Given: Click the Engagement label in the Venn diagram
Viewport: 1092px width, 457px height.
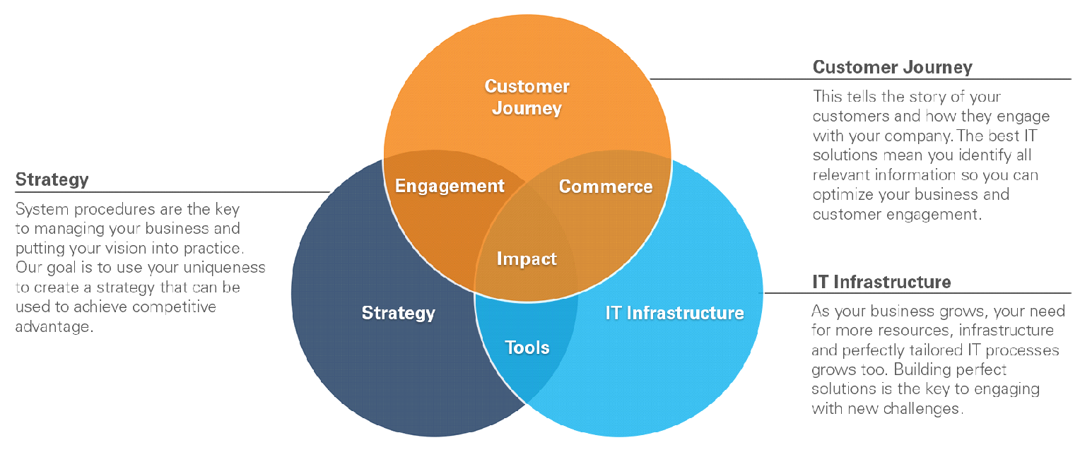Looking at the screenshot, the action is pyautogui.click(x=450, y=186).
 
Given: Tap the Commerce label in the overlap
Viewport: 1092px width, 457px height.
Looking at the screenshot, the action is pyautogui.click(x=606, y=186).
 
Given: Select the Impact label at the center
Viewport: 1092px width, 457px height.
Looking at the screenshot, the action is pyautogui.click(x=527, y=259).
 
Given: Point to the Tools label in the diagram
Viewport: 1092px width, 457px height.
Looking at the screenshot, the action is pyautogui.click(x=527, y=348).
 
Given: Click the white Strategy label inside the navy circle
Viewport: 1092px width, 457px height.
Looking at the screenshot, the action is pyautogui.click(x=399, y=313).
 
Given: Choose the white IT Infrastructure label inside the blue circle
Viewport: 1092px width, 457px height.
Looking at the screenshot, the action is pyautogui.click(x=675, y=313).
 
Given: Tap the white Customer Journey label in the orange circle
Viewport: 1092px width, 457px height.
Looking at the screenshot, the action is pyautogui.click(x=527, y=97).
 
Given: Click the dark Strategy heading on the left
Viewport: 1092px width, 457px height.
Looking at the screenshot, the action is pyautogui.click(x=52, y=179).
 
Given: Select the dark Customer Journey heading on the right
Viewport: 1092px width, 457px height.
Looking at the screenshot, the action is pyautogui.click(x=892, y=67).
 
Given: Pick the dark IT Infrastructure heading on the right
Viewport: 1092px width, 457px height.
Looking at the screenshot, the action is pyautogui.click(x=881, y=282).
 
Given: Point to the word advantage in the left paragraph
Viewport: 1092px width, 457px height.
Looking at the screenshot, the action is pyautogui.click(x=54, y=326).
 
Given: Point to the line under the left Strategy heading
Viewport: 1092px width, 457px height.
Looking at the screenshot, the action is pyautogui.click(x=172, y=192).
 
